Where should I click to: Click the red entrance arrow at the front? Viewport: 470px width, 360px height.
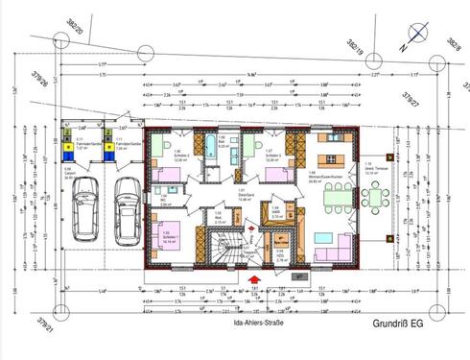(x=254, y=280)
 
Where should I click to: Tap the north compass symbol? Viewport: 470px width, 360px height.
(x=411, y=36)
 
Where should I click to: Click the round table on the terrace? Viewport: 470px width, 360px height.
(x=373, y=200)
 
